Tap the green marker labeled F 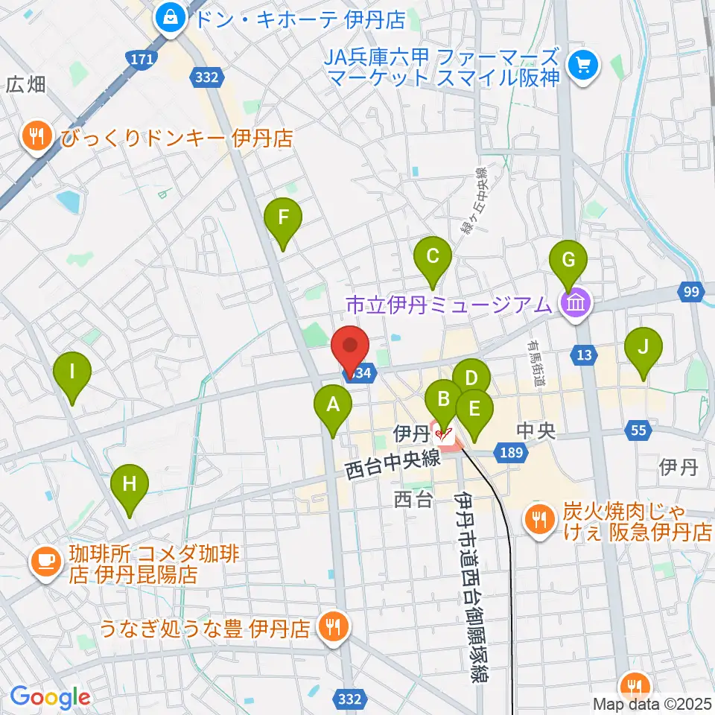(x=283, y=218)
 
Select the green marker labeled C (x=433, y=258)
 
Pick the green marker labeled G (x=568, y=261)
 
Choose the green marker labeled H (x=130, y=485)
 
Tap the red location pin (x=349, y=348)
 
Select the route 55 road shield (x=639, y=430)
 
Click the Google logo (x=50, y=697)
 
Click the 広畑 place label (x=26, y=85)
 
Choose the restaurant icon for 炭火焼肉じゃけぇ (x=538, y=518)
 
